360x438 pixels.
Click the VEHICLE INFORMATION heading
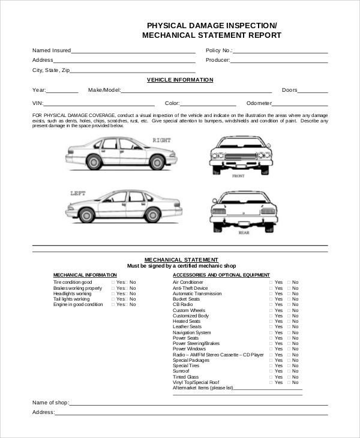[x=180, y=79]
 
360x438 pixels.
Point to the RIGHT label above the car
[x=161, y=140]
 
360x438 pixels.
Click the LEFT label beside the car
[x=79, y=193]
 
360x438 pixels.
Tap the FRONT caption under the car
[x=238, y=176]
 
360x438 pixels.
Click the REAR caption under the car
[x=244, y=232]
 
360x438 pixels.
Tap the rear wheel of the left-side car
[x=88, y=214]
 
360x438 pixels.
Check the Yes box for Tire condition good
[x=113, y=282]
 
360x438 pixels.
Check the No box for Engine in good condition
[x=127, y=304]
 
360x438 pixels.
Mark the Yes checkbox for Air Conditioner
[x=271, y=282]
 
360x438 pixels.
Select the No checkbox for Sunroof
[x=289, y=371]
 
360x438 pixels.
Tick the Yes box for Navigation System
[x=271, y=332]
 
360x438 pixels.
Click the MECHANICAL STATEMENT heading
[x=180, y=260]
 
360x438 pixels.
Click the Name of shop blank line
[x=198, y=404]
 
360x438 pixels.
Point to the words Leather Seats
[x=187, y=326]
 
